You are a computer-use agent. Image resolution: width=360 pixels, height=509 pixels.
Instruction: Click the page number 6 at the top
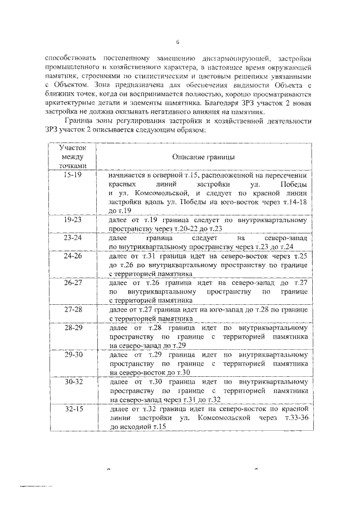[178, 41]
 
